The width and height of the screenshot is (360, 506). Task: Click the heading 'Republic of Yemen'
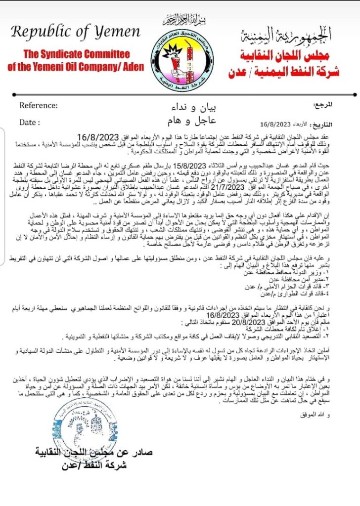(x=76, y=33)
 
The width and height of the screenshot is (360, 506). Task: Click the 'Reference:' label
(x=39, y=105)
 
